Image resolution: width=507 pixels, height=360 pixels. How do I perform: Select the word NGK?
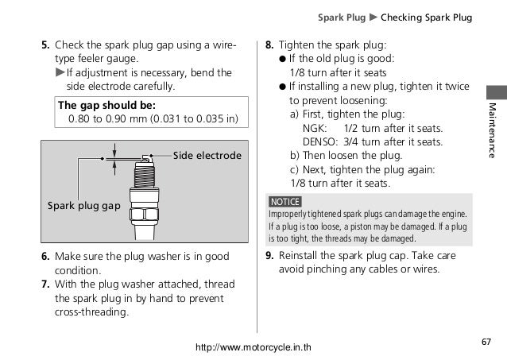click(315, 128)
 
